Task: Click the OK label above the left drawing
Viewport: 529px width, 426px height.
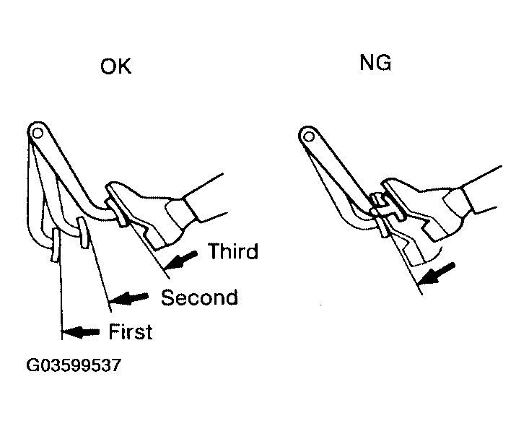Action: click(115, 66)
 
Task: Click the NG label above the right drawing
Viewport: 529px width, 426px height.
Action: click(375, 63)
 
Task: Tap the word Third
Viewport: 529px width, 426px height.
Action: click(233, 251)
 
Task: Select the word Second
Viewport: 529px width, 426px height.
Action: click(199, 297)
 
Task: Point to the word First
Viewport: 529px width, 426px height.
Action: click(131, 331)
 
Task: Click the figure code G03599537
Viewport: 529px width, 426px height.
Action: click(74, 365)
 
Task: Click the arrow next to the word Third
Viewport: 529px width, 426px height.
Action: click(181, 260)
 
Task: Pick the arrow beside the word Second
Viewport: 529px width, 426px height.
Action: click(129, 297)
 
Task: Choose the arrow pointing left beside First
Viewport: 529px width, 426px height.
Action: click(81, 332)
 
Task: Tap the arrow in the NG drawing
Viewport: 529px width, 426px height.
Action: click(437, 274)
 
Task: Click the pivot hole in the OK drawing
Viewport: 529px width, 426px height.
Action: click(37, 133)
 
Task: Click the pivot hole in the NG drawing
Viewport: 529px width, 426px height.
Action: click(309, 136)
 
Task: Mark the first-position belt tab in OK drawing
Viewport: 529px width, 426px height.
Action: click(56, 244)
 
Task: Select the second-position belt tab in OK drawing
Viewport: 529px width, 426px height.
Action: click(83, 232)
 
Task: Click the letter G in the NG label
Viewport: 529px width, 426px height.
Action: click(384, 63)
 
